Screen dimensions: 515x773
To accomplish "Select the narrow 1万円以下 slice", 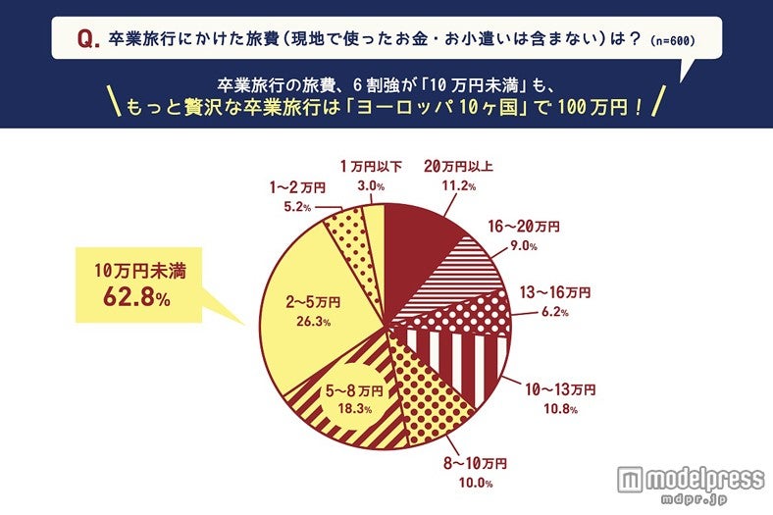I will pos(374,225).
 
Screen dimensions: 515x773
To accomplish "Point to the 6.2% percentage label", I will pos(551,312).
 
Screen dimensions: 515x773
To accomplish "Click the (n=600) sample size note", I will pos(674,42).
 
